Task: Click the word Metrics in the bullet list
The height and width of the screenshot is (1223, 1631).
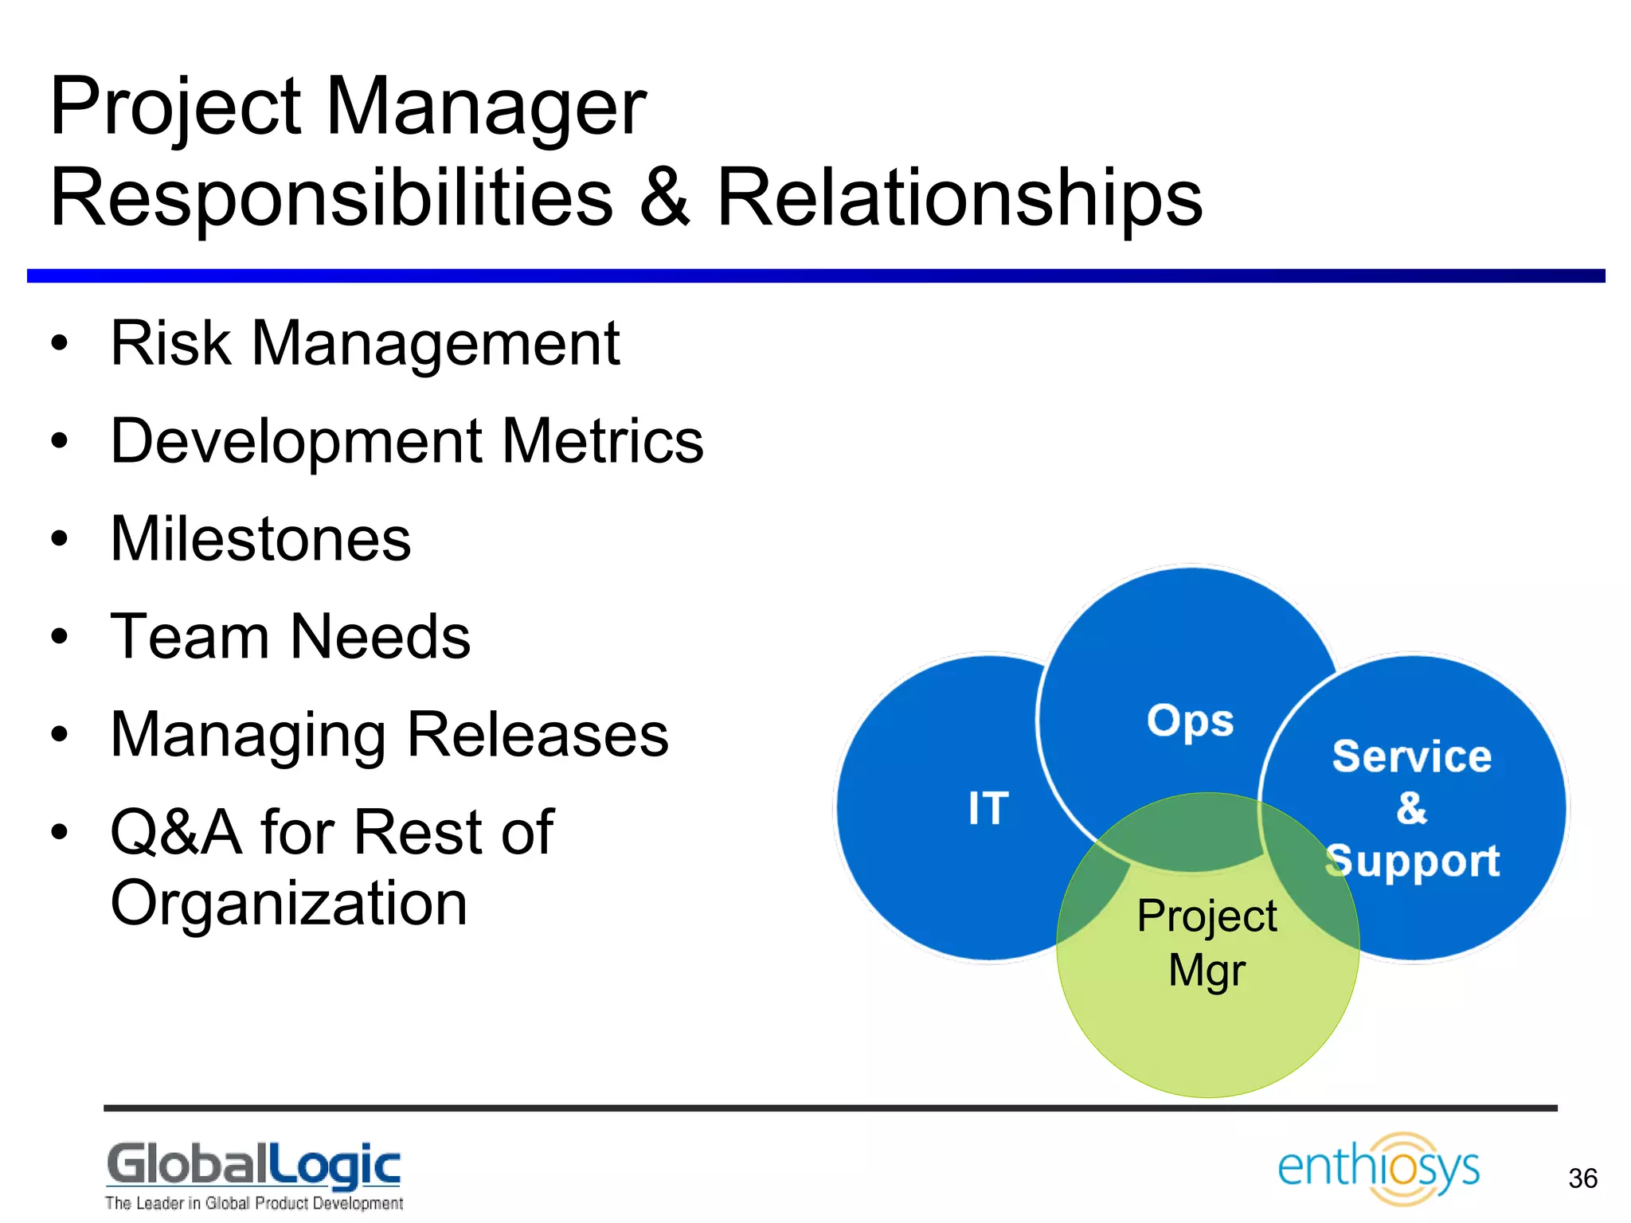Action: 603,441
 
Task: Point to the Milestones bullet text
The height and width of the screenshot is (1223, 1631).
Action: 260,539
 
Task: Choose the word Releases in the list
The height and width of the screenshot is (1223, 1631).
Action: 538,735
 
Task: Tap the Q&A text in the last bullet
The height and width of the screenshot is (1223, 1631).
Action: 176,833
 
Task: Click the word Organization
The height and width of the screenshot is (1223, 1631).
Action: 288,904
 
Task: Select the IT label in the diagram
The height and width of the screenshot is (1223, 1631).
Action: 988,808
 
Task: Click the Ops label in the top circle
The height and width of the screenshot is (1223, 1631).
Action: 1190,721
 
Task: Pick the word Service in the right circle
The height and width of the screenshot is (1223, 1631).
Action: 1411,756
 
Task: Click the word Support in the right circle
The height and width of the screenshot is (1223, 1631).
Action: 1414,862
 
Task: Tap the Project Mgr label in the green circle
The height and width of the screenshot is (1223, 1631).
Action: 1207,943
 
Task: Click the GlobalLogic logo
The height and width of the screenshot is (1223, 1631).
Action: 253,1166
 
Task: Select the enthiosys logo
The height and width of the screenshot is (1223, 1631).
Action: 1379,1168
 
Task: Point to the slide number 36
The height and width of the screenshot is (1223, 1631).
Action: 1582,1178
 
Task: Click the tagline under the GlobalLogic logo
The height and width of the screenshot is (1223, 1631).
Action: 253,1203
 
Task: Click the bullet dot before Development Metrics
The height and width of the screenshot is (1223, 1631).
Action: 60,441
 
